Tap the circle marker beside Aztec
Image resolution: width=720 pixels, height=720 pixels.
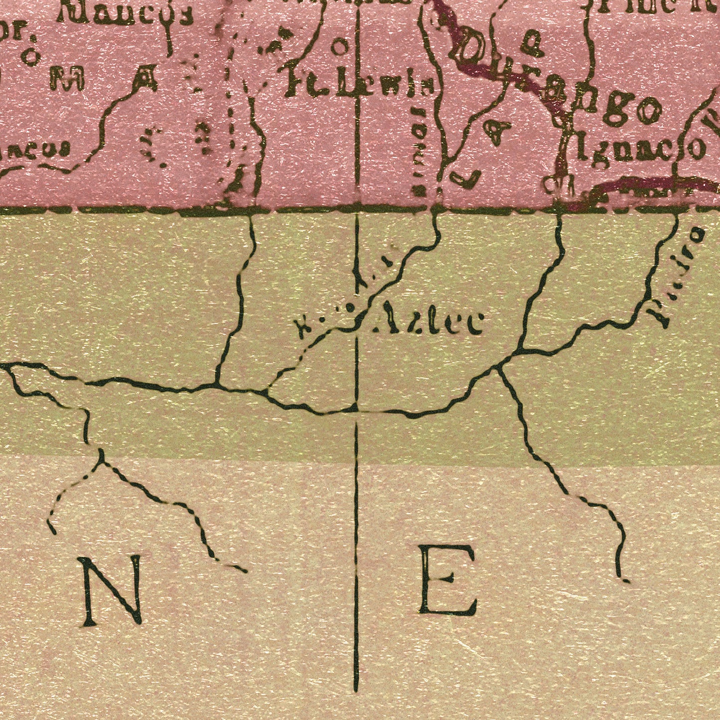(x=351, y=311)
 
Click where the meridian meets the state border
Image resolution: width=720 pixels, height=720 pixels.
(x=357, y=209)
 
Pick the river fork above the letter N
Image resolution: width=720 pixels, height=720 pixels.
(x=102, y=461)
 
